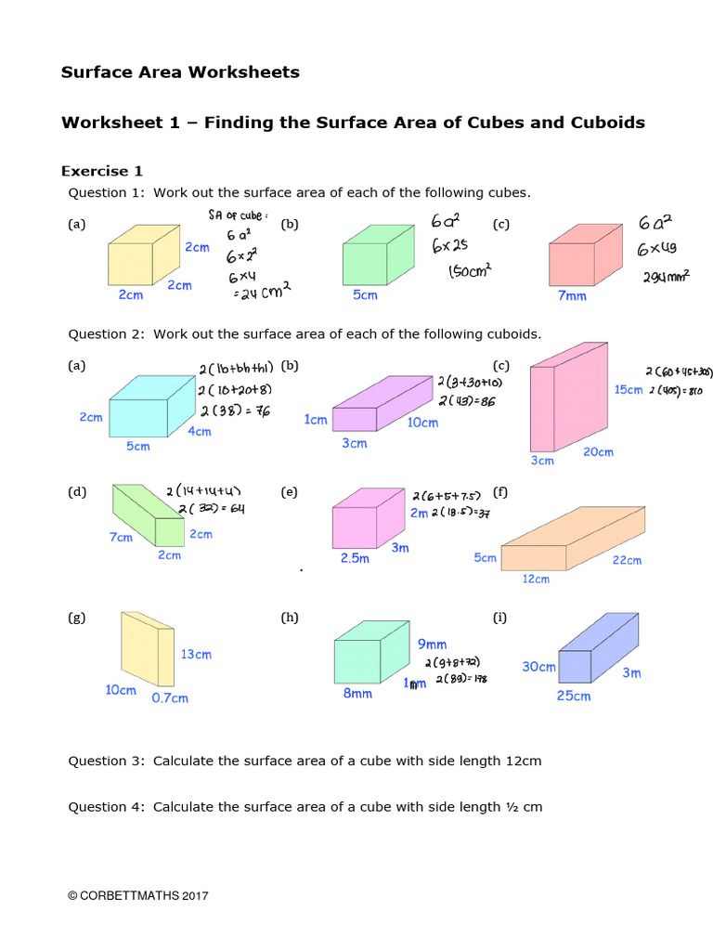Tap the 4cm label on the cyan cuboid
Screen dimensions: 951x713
click(200, 431)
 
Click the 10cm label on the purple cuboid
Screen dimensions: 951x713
click(422, 423)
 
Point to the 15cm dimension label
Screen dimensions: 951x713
click(628, 390)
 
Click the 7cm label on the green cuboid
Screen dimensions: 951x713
click(121, 538)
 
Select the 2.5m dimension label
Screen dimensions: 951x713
click(355, 558)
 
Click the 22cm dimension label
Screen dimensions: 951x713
click(627, 560)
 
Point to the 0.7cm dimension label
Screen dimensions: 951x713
click(170, 697)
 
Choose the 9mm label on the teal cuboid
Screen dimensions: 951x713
click(432, 644)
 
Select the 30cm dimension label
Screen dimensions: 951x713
click(538, 667)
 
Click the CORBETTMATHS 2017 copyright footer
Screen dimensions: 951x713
click(138, 895)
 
